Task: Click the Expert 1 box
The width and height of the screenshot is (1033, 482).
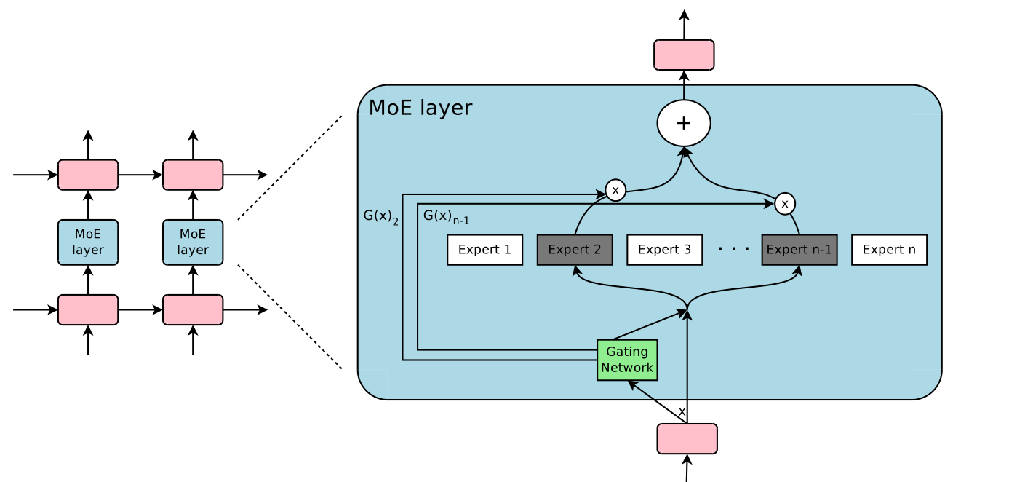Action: click(x=484, y=250)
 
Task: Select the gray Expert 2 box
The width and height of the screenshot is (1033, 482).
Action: click(x=575, y=250)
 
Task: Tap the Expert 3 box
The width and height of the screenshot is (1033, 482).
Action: click(x=664, y=250)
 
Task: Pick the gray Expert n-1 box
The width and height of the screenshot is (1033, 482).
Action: click(x=799, y=250)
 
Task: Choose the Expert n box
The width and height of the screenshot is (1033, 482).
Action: click(x=889, y=250)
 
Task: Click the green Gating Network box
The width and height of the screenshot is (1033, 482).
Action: click(x=627, y=360)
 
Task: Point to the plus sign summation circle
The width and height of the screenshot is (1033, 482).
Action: click(x=684, y=123)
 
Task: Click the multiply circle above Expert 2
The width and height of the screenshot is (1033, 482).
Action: click(x=615, y=190)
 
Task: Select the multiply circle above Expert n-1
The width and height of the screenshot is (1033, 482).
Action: click(x=784, y=204)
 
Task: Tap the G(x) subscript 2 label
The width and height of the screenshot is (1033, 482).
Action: click(x=381, y=216)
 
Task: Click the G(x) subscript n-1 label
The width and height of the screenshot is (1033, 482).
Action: click(x=446, y=216)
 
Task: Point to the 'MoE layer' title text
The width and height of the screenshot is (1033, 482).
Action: click(x=420, y=108)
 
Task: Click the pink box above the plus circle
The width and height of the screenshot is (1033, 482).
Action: click(x=684, y=55)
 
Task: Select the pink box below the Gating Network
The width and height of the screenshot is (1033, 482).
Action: click(x=687, y=438)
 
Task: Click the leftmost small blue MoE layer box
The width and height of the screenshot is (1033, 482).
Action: click(x=88, y=242)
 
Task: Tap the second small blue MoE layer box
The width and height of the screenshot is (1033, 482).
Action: click(x=193, y=242)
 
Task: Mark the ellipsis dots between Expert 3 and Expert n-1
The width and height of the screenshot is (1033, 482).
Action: click(x=734, y=249)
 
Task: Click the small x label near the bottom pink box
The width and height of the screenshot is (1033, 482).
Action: click(x=682, y=411)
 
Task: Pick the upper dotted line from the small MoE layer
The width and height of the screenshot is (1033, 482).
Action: click(x=290, y=168)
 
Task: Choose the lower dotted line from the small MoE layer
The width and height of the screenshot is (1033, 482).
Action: click(x=290, y=317)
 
